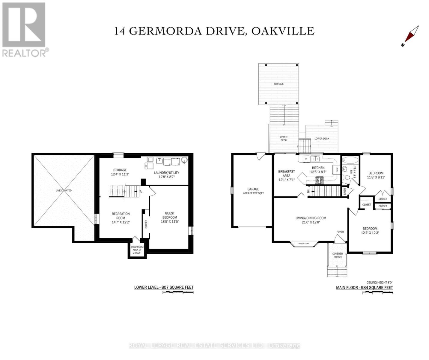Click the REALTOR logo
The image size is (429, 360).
[24, 29]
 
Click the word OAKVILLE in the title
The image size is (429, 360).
[283, 31]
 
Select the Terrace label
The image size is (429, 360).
[278, 84]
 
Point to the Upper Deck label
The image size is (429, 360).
[283, 139]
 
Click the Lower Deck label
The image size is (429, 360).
[322, 139]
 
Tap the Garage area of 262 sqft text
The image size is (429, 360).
[253, 191]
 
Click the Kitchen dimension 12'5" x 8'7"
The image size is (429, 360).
[318, 172]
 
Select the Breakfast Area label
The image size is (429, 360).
[286, 173]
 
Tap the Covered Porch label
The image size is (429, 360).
[338, 255]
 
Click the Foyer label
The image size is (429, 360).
[340, 232]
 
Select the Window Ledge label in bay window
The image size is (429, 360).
[304, 243]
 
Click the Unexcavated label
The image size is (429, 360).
[64, 190]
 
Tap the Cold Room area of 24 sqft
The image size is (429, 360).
[137, 250]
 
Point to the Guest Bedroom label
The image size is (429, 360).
[170, 215]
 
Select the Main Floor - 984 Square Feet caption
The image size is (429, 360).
[364, 287]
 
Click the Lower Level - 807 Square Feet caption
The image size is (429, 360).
[164, 287]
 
